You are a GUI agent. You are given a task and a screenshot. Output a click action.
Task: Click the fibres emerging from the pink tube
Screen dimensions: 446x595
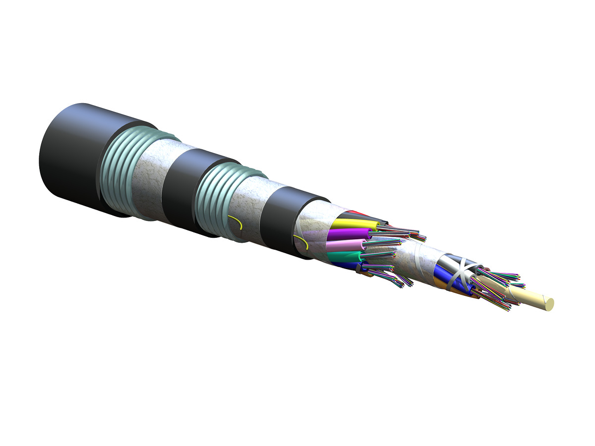tap(384, 243)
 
